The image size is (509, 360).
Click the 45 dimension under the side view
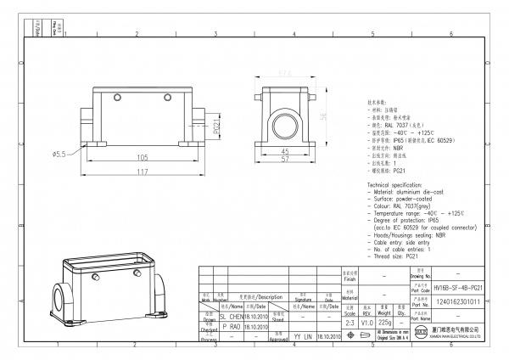[285, 152]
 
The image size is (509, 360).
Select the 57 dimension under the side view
[285, 160]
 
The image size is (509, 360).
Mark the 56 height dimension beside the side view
[323, 116]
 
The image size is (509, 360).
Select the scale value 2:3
[350, 323]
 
